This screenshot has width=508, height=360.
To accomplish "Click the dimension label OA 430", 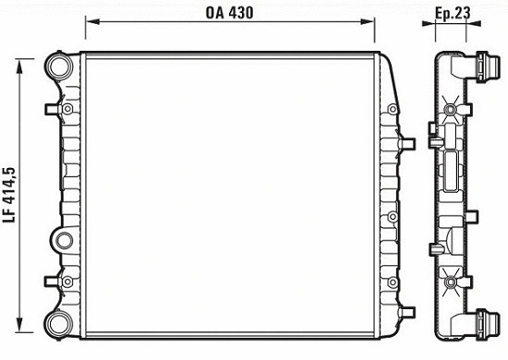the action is [229, 13].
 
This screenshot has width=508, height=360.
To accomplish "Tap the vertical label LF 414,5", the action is [9, 195].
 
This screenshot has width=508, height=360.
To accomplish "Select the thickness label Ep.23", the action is [453, 14].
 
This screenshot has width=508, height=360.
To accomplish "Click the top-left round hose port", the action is [59, 66].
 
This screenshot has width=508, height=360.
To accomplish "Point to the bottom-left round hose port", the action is [59, 323].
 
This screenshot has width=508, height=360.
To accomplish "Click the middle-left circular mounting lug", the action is [64, 241].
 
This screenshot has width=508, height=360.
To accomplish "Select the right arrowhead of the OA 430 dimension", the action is [368, 21].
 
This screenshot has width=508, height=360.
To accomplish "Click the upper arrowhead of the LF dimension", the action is [20, 66].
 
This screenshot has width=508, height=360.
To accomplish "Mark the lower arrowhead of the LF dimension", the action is [20, 325].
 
